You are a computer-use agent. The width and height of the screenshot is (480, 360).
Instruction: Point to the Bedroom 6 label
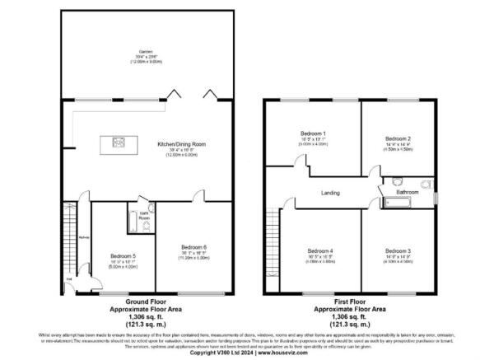194,247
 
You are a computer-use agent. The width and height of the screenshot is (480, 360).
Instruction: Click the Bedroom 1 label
314,133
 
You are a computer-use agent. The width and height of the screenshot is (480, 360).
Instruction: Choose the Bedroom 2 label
398,138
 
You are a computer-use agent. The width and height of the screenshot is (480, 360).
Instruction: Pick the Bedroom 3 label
398,250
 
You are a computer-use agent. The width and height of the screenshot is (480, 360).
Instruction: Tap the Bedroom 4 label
320,250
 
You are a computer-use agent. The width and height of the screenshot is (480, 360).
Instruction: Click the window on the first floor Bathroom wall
436,194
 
